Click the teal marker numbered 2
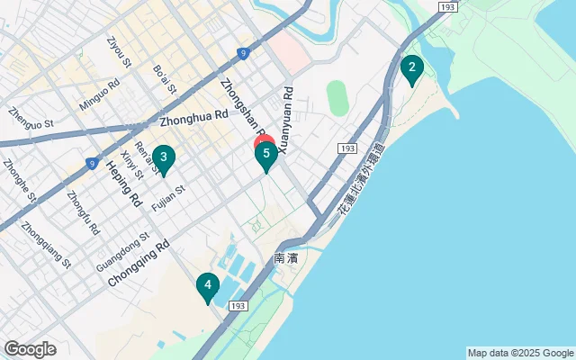[411, 68]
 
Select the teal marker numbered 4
[208, 287]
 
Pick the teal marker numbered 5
[265, 155]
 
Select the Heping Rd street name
[124, 183]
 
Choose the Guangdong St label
[123, 255]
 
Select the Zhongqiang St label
[46, 245]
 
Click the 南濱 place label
[285, 258]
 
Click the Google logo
[30, 349]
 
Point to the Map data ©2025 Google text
[519, 353]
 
